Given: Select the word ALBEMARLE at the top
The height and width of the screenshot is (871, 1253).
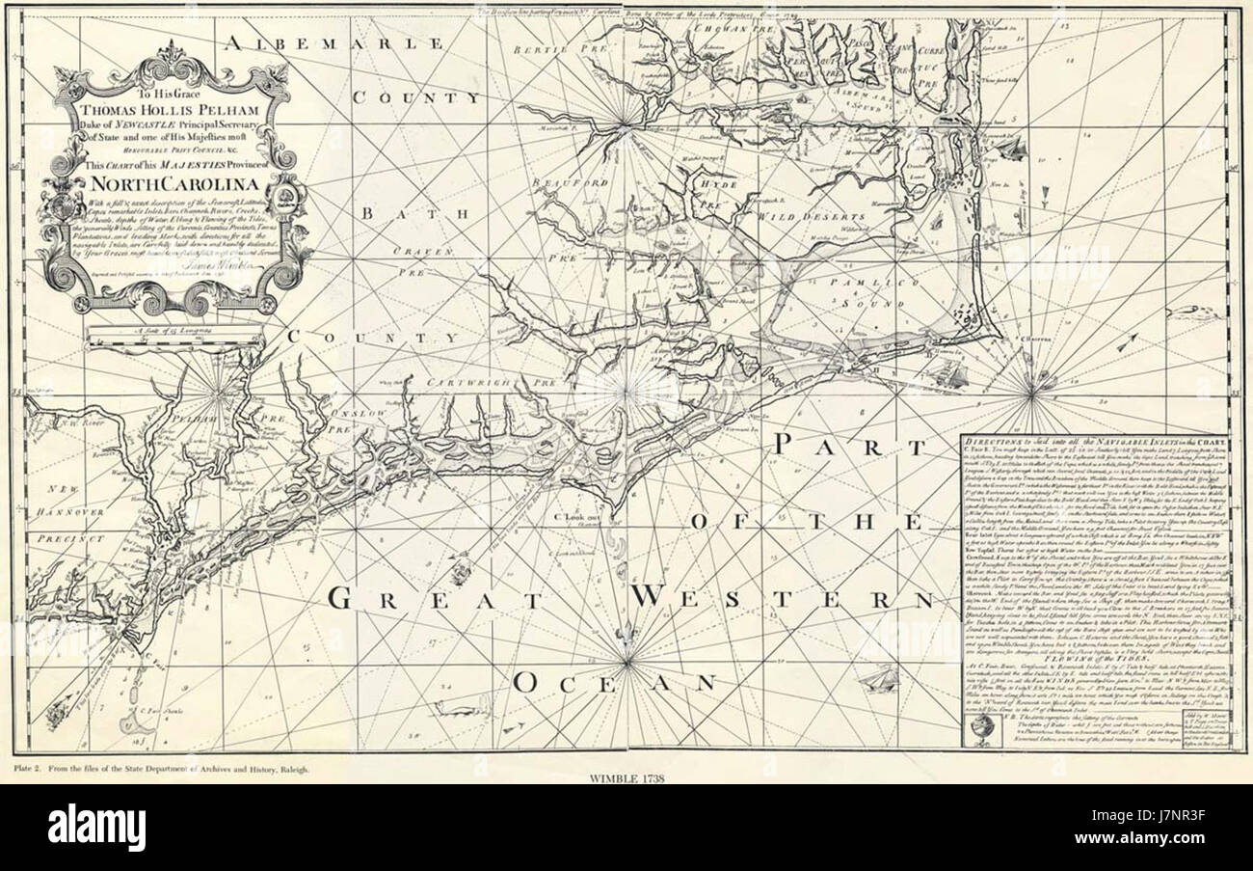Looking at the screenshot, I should click(x=334, y=44).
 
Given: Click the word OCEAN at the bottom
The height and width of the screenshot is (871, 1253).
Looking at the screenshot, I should click(x=614, y=683).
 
